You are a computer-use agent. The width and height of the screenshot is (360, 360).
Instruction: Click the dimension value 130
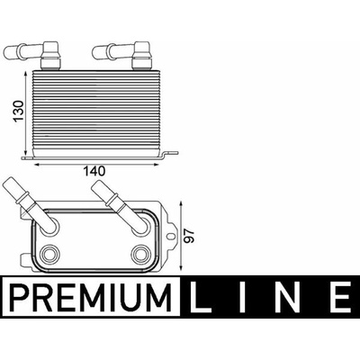(x=19, y=111)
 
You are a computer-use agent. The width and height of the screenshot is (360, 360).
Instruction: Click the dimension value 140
(x=94, y=171)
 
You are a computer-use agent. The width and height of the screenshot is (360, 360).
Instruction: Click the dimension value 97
(x=189, y=237)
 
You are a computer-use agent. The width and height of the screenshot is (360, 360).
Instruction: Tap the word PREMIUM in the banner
(x=91, y=296)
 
